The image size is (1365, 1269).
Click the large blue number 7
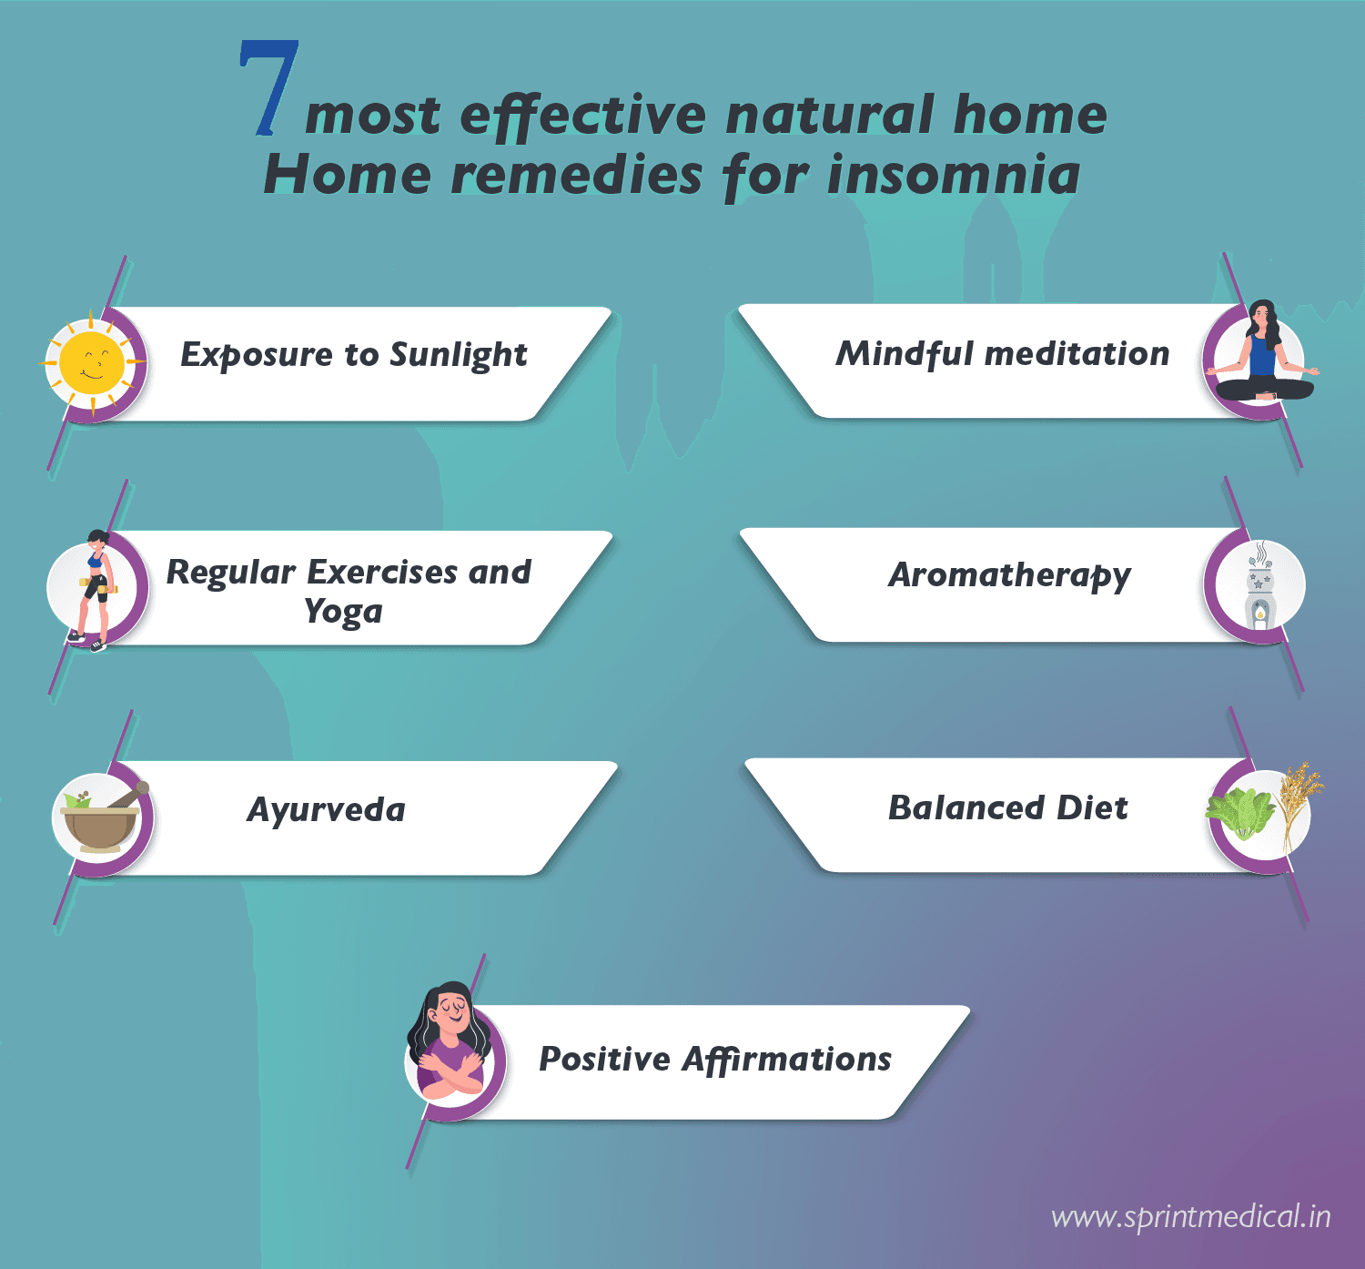coord(269,89)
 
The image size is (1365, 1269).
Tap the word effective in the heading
coord(582,117)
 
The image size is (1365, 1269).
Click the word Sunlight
coord(458,355)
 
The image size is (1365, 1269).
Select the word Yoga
coord(343,612)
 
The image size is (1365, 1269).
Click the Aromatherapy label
coord(1009,575)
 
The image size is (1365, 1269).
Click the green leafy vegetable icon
coord(1239,813)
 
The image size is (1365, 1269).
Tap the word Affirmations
coord(787,1060)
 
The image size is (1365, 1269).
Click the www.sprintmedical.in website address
coord(1190,1217)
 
